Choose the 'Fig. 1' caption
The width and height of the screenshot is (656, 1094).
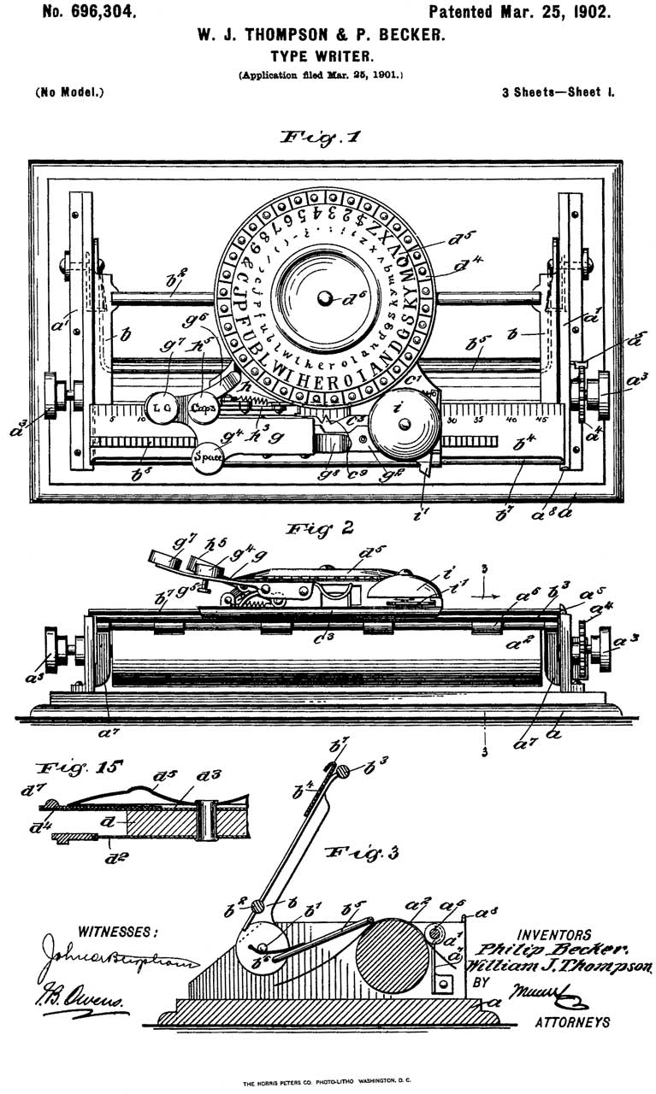point(320,137)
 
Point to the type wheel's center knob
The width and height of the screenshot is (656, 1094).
point(324,297)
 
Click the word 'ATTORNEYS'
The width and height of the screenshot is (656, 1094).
point(573,1022)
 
